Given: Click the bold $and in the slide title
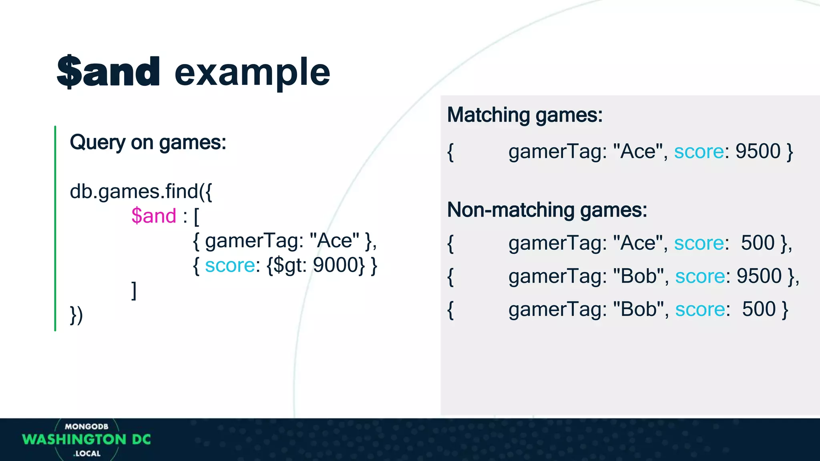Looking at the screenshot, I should tap(109, 72).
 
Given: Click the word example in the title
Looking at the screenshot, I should tap(252, 73).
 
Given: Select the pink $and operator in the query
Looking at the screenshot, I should tap(154, 216).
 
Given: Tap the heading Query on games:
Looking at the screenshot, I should tap(148, 142).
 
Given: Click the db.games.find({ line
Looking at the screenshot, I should tap(141, 191).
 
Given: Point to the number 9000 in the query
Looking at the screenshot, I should tap(336, 265).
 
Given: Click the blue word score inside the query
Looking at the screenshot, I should tap(230, 265).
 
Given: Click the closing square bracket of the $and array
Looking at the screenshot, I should tap(134, 290).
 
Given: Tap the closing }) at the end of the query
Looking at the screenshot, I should tap(76, 315).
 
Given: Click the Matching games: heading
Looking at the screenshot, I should tap(525, 115).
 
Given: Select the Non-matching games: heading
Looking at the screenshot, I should tap(547, 210).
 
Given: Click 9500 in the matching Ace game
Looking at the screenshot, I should tap(758, 151).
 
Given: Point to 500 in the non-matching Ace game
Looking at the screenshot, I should tap(758, 243).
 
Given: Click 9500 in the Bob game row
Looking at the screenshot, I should tap(759, 276).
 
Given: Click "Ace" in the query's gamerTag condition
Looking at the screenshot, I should tap(334, 241).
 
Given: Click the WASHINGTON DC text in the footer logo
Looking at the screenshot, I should tap(86, 439).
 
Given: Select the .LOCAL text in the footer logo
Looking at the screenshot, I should tap(87, 453).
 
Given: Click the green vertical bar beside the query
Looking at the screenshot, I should tap(55, 228).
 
